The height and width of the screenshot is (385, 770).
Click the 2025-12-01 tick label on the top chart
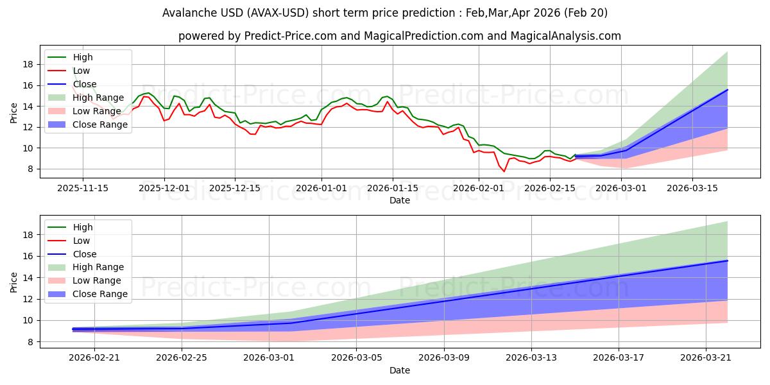tap(164, 188)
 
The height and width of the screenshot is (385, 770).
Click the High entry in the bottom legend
tap(83, 227)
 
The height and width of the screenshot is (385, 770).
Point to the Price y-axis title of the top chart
tap(14, 112)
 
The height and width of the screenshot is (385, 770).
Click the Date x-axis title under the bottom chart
tap(400, 370)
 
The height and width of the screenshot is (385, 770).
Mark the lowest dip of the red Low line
tap(504, 171)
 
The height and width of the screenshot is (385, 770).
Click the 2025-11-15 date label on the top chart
tap(83, 188)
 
